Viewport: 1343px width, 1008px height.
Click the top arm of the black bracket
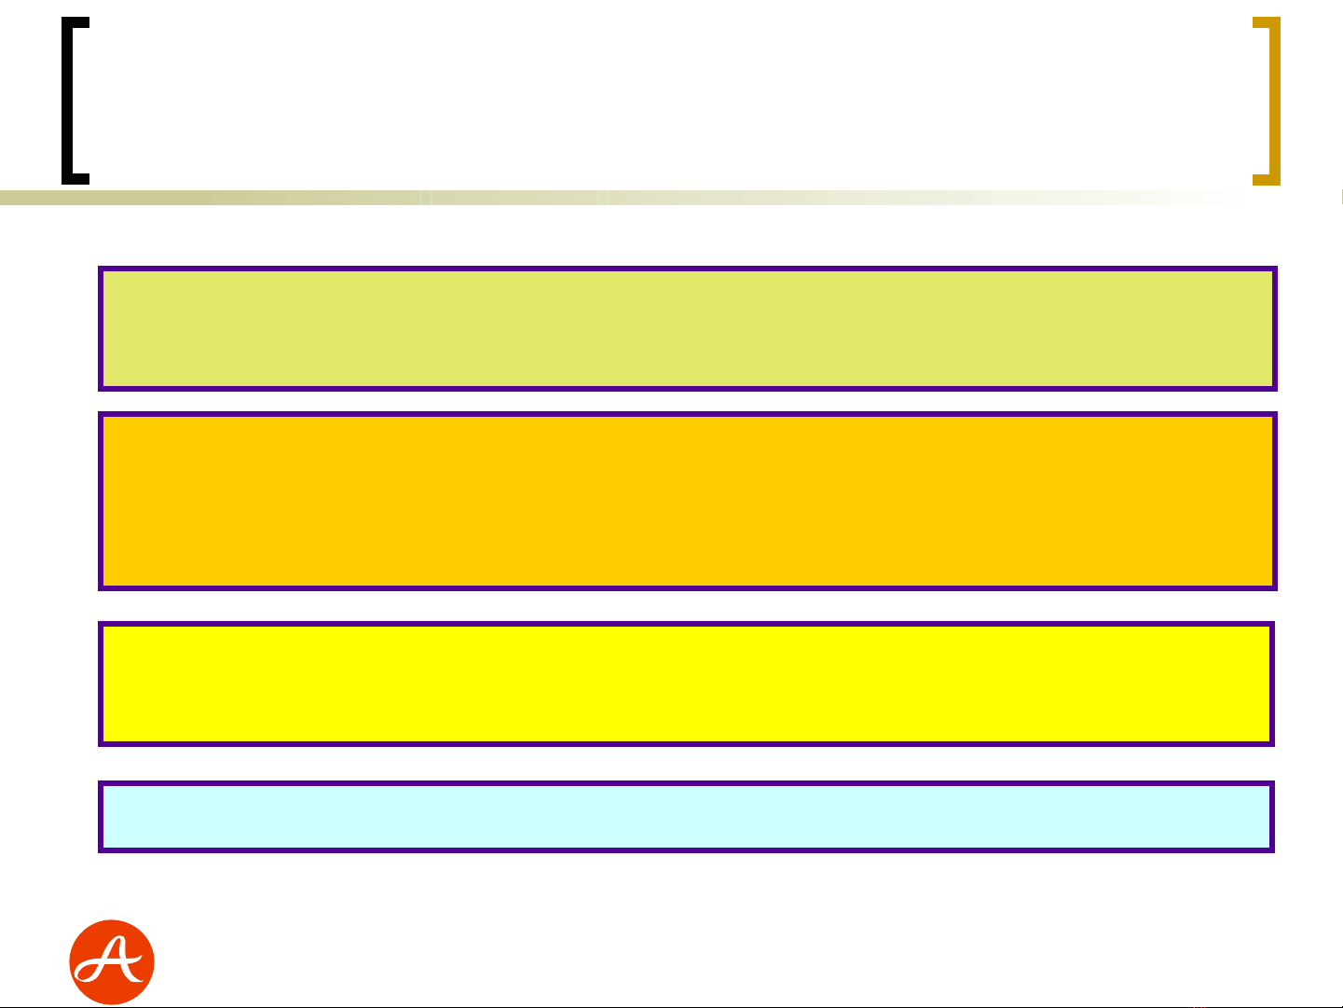(75, 22)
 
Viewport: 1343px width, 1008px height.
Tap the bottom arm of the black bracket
(75, 179)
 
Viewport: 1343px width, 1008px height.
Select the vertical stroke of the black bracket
(67, 101)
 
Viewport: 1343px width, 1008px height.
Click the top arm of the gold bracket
(1267, 22)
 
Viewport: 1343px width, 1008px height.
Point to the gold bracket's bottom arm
(1267, 180)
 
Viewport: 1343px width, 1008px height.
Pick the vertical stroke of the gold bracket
(1275, 101)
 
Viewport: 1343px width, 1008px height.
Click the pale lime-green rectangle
(688, 328)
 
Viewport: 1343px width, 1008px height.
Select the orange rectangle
(688, 502)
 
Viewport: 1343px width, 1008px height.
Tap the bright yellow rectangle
(687, 684)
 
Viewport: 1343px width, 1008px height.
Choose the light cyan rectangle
(687, 817)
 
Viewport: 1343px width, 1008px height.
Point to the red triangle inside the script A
(115, 952)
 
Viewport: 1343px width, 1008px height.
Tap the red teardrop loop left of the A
(87, 972)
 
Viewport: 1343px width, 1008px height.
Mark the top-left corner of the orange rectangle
(101, 414)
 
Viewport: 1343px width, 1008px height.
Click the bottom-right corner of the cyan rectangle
(1273, 850)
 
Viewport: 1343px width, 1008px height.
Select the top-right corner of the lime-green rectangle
(1275, 269)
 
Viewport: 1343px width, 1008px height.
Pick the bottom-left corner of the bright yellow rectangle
(101, 744)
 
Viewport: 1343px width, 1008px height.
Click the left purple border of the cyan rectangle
(101, 817)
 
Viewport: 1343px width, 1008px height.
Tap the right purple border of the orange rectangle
(1275, 502)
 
